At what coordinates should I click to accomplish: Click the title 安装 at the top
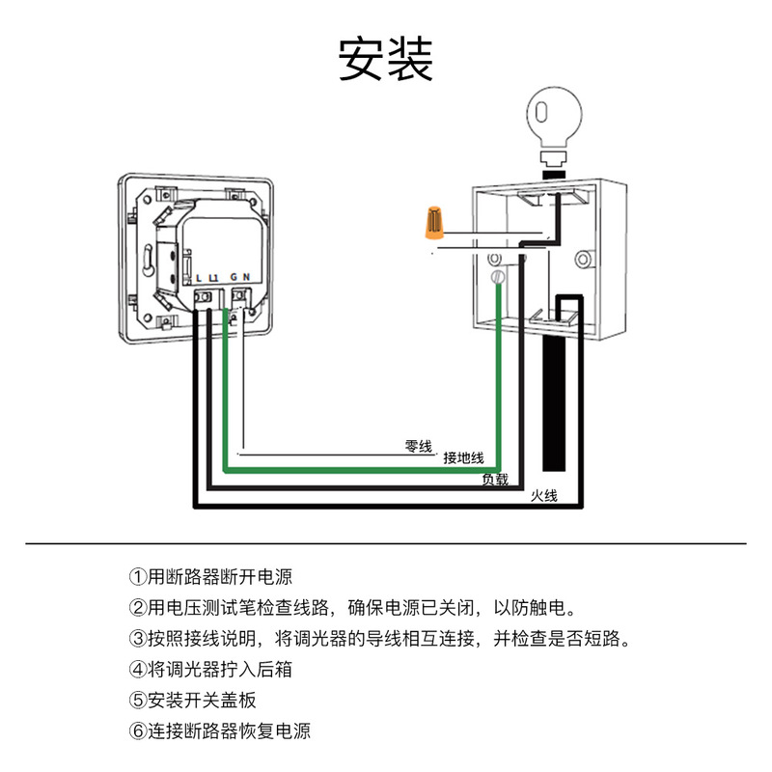[x=385, y=60]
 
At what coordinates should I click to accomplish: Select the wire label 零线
[x=418, y=446]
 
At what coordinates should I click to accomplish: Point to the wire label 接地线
[x=463, y=458]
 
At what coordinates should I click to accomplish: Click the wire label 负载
[x=495, y=479]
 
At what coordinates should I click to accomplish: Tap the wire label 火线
[x=545, y=496]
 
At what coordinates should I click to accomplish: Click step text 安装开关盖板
[x=202, y=700]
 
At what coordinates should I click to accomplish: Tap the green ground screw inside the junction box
[x=499, y=278]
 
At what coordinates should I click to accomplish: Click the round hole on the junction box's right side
[x=582, y=259]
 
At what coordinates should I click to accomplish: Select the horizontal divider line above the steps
[x=386, y=543]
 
